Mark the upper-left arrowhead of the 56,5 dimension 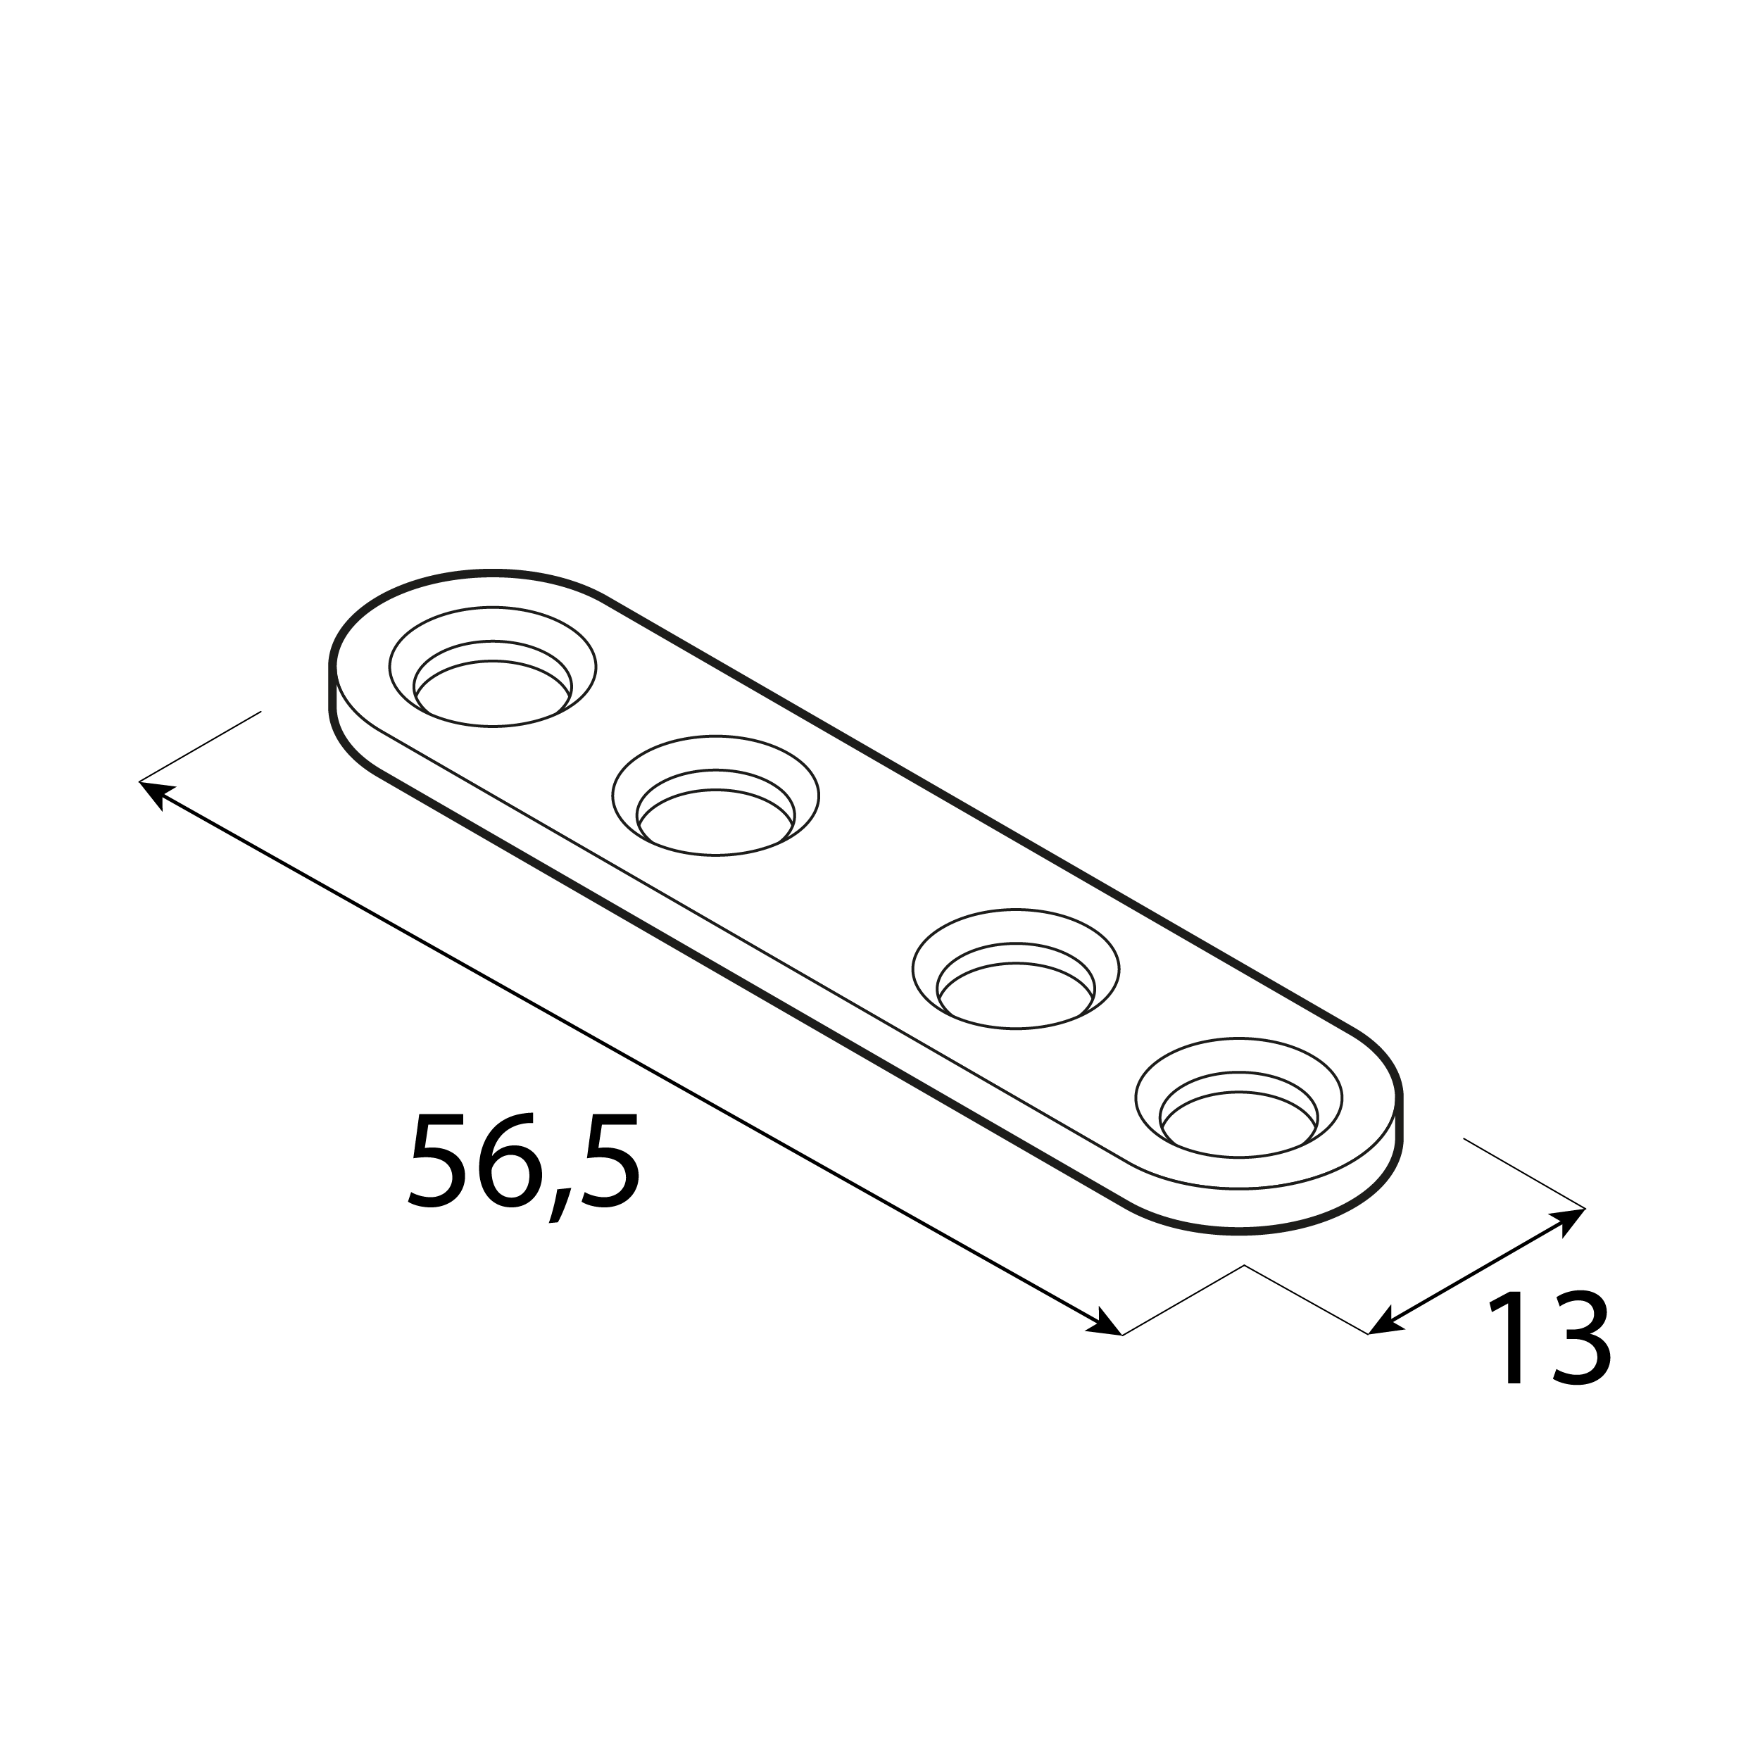click(153, 791)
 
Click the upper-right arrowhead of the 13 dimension click(1571, 1217)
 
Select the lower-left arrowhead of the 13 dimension click(1382, 1326)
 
